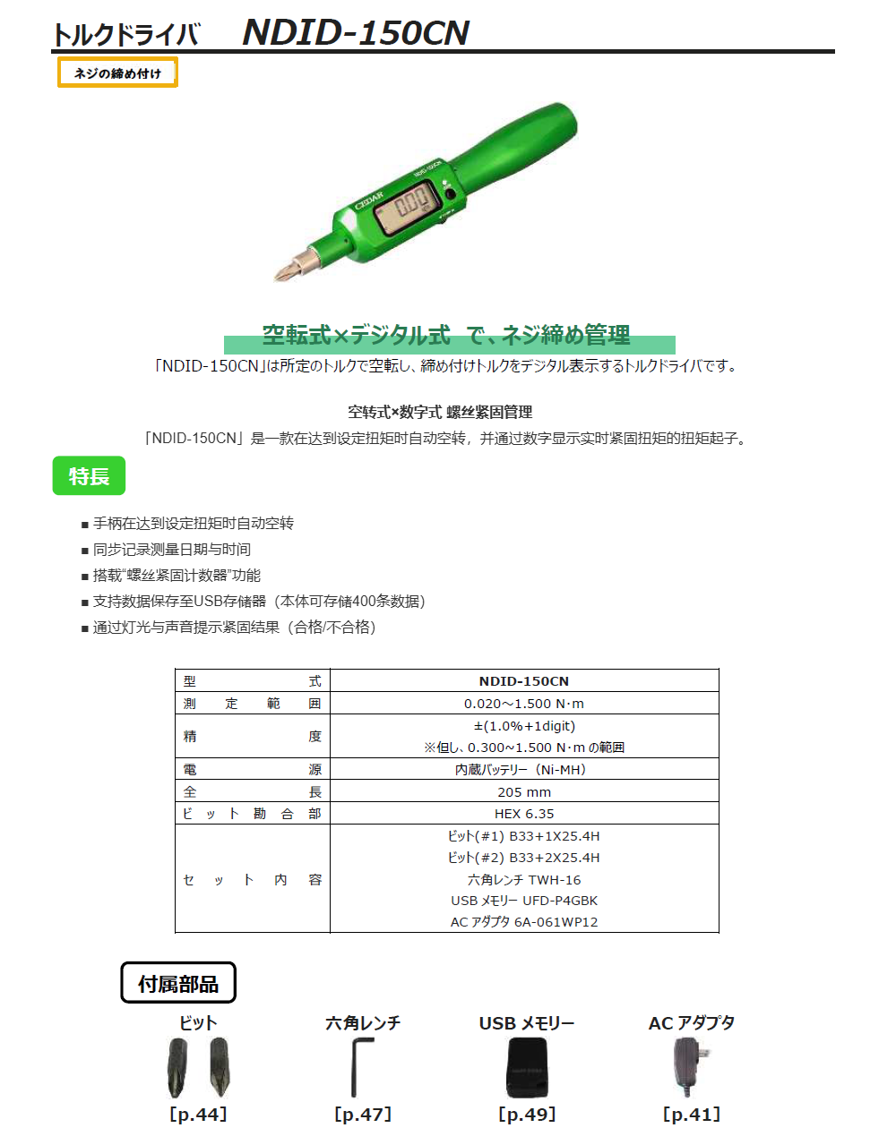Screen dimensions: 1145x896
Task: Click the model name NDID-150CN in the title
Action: [x=356, y=32]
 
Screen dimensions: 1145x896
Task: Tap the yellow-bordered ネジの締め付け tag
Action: [x=117, y=73]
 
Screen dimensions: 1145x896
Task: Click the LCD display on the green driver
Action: [x=408, y=206]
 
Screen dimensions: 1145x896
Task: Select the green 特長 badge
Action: [x=89, y=476]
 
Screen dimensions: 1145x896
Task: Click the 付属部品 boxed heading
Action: [x=178, y=983]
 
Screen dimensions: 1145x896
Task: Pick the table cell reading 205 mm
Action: [x=524, y=791]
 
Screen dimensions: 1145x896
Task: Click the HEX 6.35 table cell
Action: [x=524, y=814]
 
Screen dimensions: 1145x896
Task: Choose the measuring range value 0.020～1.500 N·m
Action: [x=524, y=704]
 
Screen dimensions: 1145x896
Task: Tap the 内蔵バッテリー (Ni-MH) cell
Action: [x=524, y=769]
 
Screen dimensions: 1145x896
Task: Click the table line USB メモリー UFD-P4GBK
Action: [x=524, y=901]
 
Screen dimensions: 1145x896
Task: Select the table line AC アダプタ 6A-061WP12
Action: [x=524, y=922]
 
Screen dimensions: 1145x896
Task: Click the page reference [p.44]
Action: [x=198, y=1115]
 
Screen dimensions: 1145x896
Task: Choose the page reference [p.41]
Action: [x=691, y=1115]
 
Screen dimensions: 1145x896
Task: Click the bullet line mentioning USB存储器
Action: [x=259, y=602]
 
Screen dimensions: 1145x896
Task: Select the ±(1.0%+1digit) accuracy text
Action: [x=524, y=726]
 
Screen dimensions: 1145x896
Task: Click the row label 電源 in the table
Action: [x=252, y=769]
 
